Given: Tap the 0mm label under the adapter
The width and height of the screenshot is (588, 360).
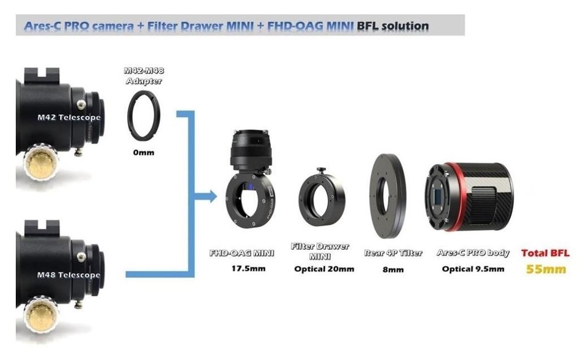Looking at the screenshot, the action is click(x=144, y=153).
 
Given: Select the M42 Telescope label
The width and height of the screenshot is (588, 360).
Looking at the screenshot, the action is click(x=69, y=118).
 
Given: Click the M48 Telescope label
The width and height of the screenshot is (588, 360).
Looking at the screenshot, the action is click(x=68, y=275).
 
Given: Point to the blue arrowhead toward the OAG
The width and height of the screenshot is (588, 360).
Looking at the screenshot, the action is click(x=213, y=196).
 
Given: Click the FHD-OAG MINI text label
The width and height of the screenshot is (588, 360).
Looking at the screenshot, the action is click(x=242, y=253).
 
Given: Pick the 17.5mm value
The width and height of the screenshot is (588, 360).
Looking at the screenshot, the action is click(x=248, y=268).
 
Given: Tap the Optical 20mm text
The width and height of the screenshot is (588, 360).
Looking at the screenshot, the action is click(x=324, y=269).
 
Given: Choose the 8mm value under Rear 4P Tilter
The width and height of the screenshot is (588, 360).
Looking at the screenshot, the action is click(x=393, y=269).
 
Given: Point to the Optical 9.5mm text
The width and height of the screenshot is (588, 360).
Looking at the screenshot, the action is click(x=473, y=269).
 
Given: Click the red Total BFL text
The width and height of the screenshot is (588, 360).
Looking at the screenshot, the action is click(x=545, y=253).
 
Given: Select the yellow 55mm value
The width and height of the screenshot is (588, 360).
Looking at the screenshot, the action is click(x=546, y=269).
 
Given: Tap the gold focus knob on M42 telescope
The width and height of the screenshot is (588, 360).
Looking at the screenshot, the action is click(x=41, y=164).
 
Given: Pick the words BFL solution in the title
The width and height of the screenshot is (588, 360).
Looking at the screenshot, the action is click(x=392, y=26).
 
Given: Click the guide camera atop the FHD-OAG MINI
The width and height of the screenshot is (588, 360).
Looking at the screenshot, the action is click(x=250, y=150).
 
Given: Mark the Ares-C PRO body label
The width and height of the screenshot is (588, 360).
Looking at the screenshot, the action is click(x=473, y=253).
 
